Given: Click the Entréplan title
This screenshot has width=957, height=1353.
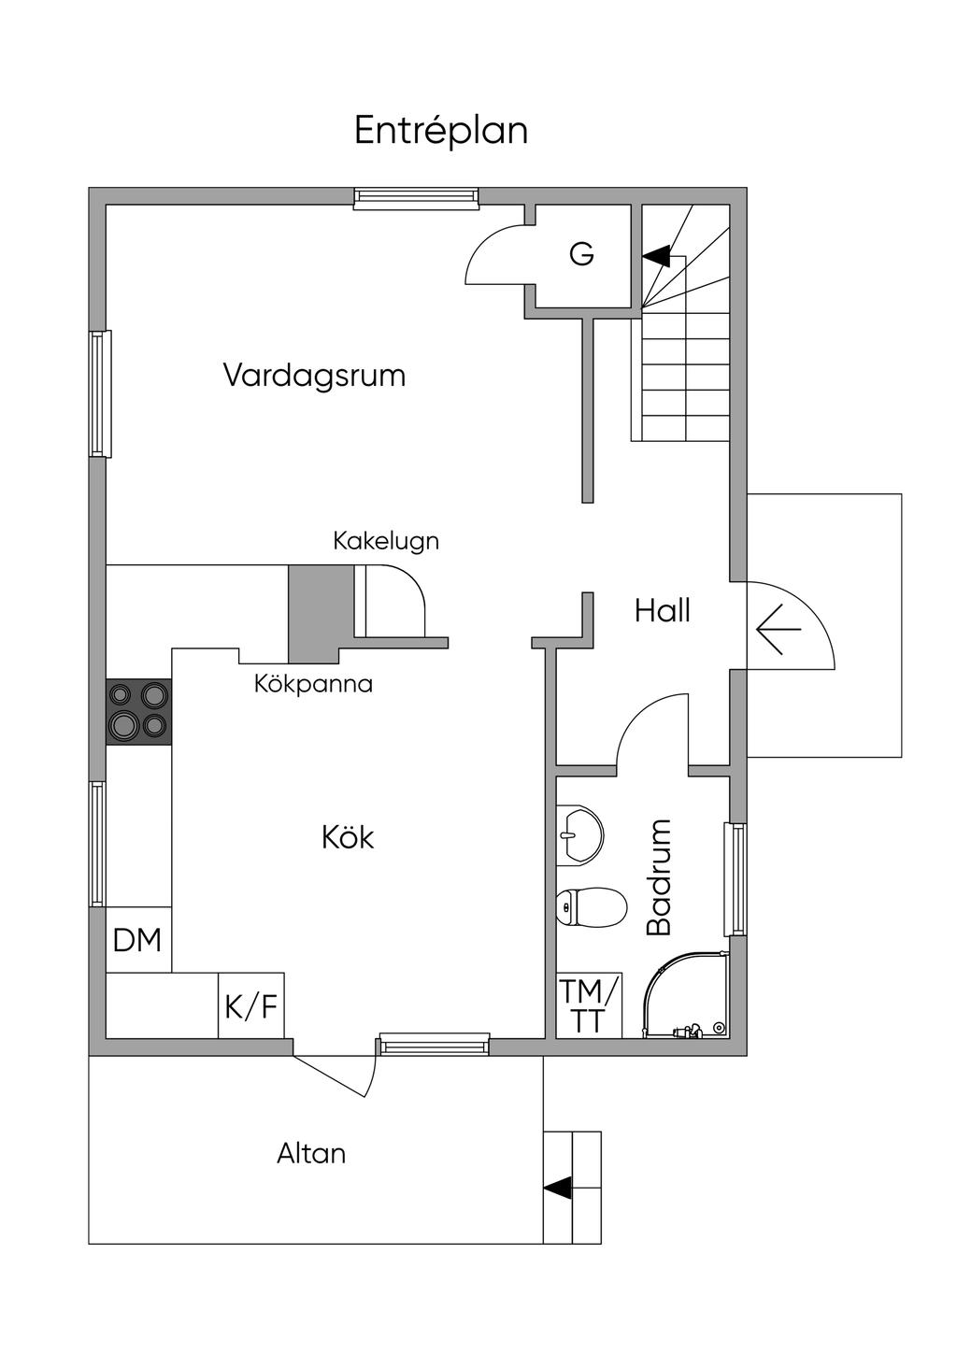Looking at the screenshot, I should (x=441, y=131).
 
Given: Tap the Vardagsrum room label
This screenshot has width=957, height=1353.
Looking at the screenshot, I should (x=314, y=376).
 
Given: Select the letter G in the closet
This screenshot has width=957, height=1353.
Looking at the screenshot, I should (x=581, y=254).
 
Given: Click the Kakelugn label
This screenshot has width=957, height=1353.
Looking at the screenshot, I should (x=386, y=541).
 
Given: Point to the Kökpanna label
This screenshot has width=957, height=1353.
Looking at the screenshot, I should (x=313, y=684).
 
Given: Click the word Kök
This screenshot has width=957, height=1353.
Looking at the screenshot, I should (x=348, y=837).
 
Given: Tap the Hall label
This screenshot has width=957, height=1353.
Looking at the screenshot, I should (x=662, y=611).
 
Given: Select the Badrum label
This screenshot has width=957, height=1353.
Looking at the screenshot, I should (x=660, y=876).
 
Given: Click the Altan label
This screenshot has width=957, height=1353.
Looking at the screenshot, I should (x=311, y=1153).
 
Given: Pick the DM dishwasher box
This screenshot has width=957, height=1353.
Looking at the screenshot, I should (x=137, y=940).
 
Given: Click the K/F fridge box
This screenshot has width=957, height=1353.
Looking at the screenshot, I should (x=250, y=1006).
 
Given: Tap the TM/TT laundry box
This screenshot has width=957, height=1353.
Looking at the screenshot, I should (x=588, y=1005).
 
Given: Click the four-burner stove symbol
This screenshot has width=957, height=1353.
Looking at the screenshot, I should (x=138, y=711).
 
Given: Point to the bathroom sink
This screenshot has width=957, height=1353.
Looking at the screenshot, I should (x=580, y=832).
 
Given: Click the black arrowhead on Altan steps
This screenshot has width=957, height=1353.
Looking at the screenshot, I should (x=558, y=1188).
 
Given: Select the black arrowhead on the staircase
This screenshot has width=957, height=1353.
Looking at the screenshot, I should (x=656, y=254).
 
